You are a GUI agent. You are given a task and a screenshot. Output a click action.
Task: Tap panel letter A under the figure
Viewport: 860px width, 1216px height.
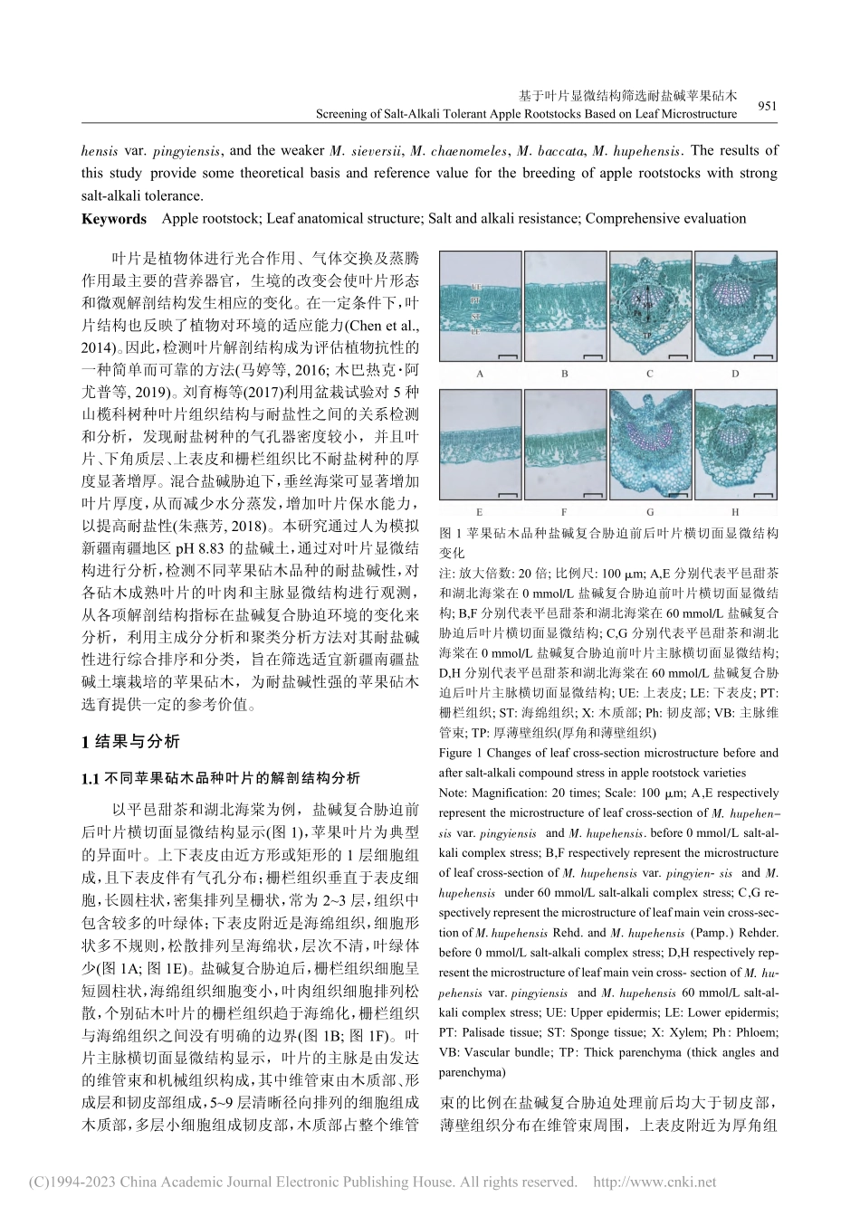pos(479,373)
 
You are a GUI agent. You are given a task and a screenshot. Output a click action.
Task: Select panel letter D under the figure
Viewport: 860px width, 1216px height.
pos(735,373)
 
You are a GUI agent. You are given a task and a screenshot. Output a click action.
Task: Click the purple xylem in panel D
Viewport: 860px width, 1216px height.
pos(735,297)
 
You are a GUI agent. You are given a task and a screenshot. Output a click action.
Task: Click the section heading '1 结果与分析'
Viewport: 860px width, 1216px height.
pos(131,743)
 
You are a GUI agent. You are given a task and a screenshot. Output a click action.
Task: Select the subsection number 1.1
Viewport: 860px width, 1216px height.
pos(91,777)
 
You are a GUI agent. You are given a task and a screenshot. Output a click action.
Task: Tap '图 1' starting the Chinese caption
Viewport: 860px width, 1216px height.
pos(450,534)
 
